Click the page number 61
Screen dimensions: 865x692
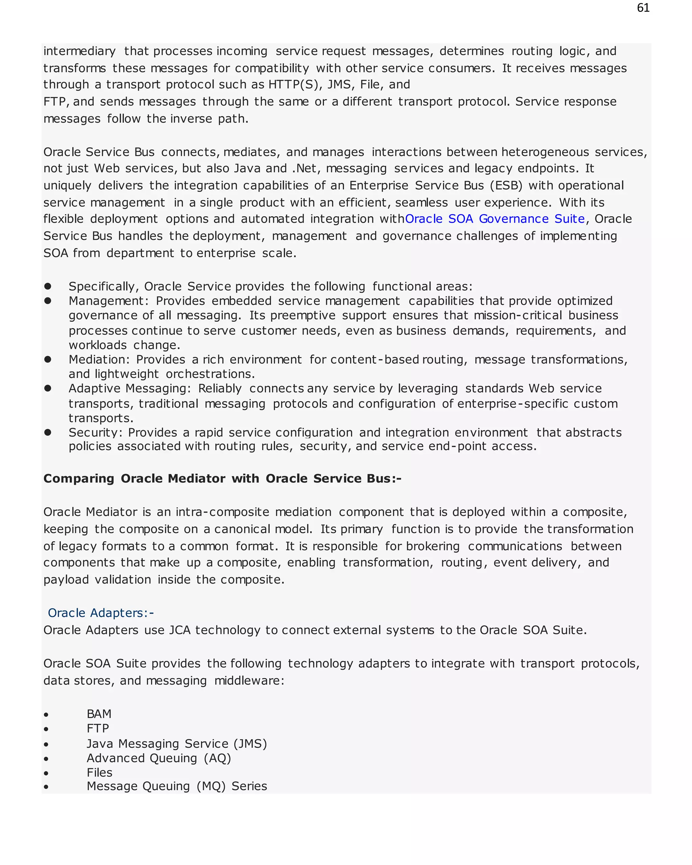point(643,8)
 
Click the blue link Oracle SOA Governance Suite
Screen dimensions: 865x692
point(495,219)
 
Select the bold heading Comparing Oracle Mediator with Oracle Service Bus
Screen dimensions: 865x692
point(222,479)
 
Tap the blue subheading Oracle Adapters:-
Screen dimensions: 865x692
point(101,613)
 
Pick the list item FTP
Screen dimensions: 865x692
point(98,728)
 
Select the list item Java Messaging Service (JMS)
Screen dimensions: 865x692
point(176,743)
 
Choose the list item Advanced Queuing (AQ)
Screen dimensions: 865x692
point(159,758)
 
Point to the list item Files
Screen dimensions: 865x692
point(99,772)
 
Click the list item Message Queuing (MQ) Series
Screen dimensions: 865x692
point(176,786)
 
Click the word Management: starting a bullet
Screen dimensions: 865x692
point(109,301)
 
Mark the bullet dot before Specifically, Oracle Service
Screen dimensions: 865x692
point(48,286)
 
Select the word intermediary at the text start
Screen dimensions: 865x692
point(79,51)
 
